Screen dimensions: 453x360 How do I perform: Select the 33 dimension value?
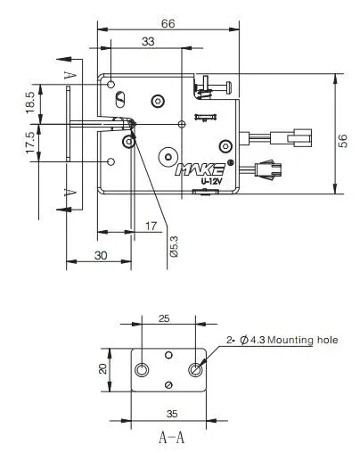pos(146,41)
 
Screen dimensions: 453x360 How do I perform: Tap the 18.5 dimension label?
pos(30,103)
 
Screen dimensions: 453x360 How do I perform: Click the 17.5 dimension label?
pos(30,142)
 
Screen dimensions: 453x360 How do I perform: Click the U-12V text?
pos(211,182)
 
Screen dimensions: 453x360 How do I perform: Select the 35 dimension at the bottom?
pos(169,414)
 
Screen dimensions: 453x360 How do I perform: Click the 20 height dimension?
pos(103,367)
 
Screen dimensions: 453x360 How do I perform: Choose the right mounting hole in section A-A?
pos(196,369)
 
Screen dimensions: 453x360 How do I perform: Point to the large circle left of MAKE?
pos(167,157)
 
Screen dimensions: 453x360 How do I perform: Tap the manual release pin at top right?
pos(214,86)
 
